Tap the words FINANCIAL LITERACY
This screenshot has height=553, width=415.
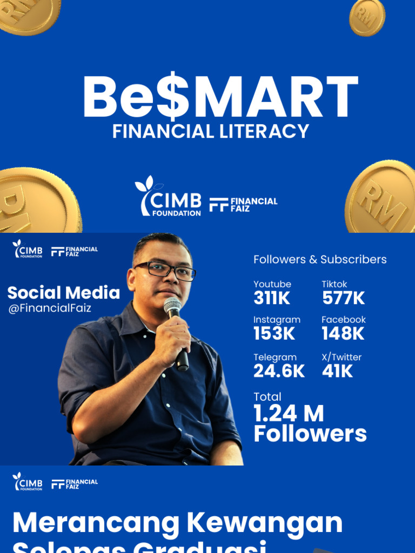point(211,131)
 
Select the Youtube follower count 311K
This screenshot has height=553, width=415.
point(272,298)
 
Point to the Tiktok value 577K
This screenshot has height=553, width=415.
point(344,298)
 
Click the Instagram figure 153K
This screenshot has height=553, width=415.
point(275,334)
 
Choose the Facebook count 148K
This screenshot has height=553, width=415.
point(343,334)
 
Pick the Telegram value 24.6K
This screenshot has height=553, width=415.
point(279,371)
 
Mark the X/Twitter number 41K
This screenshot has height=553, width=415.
point(337,371)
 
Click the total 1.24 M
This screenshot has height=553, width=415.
point(289,414)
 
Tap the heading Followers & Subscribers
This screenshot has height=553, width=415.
point(320,259)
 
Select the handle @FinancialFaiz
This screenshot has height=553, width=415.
point(49,308)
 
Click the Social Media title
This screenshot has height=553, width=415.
point(63,293)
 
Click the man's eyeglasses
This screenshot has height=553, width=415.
point(165,270)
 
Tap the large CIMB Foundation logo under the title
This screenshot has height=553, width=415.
point(168,198)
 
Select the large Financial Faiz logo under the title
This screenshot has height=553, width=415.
point(243,204)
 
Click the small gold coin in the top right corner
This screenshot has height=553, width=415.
point(367,17)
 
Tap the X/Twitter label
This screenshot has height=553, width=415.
point(342,357)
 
